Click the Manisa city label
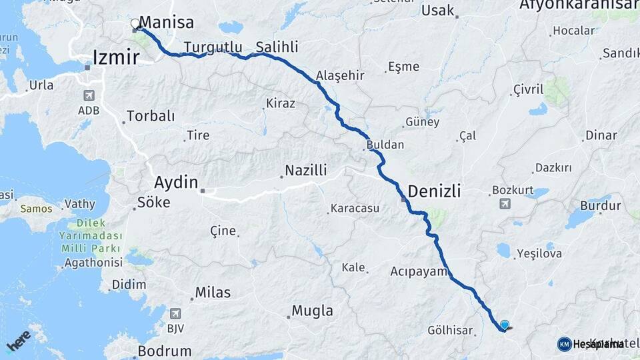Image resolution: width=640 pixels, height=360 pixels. pyautogui.click(x=166, y=23)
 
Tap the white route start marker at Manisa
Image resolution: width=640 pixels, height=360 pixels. pyautogui.click(x=136, y=24)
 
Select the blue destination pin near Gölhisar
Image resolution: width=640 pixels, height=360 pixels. pyautogui.click(x=505, y=325)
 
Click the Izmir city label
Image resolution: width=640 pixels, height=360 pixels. pyautogui.click(x=116, y=57)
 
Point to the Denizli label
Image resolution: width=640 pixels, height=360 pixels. pyautogui.click(x=434, y=191)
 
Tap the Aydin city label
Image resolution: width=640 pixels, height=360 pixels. pyautogui.click(x=176, y=182)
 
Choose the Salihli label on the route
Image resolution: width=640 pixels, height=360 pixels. pyautogui.click(x=277, y=47)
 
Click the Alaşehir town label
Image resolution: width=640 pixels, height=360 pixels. pyautogui.click(x=340, y=75)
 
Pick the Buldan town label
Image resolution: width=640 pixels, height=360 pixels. pyautogui.click(x=385, y=145)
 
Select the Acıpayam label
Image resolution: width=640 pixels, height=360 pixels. pyautogui.click(x=418, y=271)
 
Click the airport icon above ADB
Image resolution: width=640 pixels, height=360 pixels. pyautogui.click(x=89, y=95)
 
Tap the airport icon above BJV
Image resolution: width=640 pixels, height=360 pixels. pyautogui.click(x=175, y=313)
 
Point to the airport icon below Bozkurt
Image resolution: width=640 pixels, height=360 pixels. pyautogui.click(x=505, y=203)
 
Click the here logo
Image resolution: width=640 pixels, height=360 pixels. pyautogui.click(x=18, y=340)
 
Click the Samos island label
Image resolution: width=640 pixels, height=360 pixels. pyautogui.click(x=36, y=209)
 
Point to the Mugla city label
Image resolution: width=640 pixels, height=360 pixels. pyautogui.click(x=312, y=311)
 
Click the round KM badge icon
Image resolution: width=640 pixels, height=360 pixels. pyautogui.click(x=564, y=344)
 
